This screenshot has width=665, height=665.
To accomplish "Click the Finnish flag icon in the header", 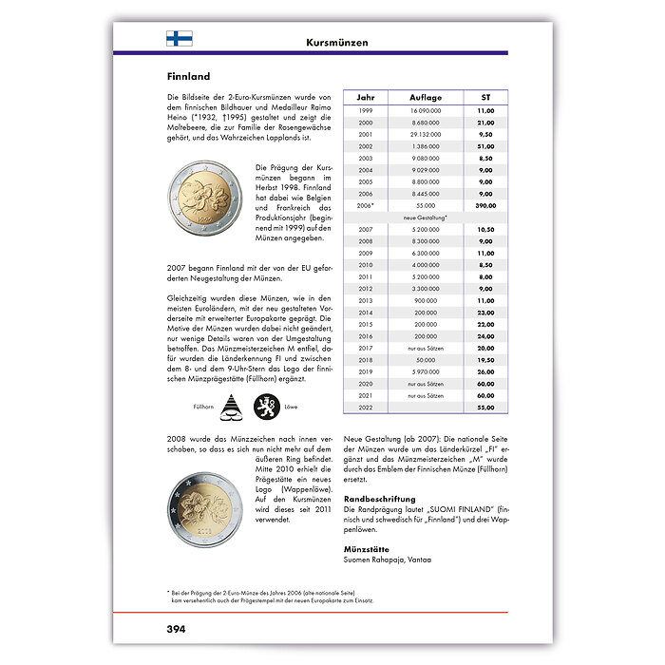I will pos(180,39).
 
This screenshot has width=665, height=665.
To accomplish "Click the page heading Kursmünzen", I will pos(337,43).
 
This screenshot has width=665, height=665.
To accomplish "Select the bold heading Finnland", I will pos(188,76).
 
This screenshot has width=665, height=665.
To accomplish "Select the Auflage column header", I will pos(425,98).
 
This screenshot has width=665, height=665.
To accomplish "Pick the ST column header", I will pos(484,98).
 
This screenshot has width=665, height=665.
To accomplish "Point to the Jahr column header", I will pos(365,98).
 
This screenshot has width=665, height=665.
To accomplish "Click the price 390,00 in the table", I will pos(484,204).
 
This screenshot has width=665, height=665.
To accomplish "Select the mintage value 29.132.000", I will pos(425,134).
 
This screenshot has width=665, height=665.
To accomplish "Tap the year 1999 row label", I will pos(365,111).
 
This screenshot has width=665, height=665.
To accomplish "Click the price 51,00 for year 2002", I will pos(484,146).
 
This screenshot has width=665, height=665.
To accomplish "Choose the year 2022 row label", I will pos(365,407).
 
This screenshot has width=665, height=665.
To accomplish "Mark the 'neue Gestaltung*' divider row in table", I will pos(425,218).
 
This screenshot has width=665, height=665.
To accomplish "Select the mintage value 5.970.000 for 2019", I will pos(425,371).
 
